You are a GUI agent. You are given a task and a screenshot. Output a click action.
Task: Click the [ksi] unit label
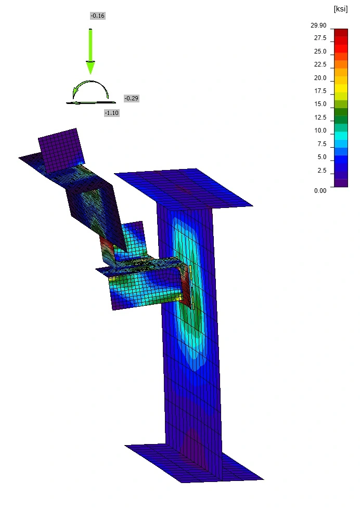pyautogui.click(x=341, y=9)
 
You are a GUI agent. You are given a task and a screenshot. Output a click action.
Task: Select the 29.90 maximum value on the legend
pyautogui.click(x=318, y=25)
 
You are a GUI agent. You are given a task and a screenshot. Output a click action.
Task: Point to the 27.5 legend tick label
pyautogui.click(x=320, y=38)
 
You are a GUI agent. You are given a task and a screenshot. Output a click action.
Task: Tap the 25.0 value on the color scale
pyautogui.click(x=320, y=51)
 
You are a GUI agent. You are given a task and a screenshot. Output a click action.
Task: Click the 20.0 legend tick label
pyautogui.click(x=320, y=78)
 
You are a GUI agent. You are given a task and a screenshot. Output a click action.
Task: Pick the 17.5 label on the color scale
pyautogui.click(x=320, y=90)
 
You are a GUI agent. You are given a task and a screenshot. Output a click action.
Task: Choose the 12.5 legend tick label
pyautogui.click(x=320, y=118)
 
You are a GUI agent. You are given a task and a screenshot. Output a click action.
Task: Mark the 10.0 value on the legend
pyautogui.click(x=320, y=130)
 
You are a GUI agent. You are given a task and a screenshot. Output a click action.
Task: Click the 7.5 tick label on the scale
pyautogui.click(x=322, y=144)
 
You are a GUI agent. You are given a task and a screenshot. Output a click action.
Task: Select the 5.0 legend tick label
pyautogui.click(x=322, y=157)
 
